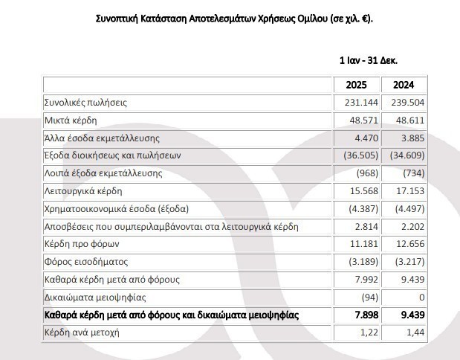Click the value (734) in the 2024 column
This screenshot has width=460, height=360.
413,174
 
